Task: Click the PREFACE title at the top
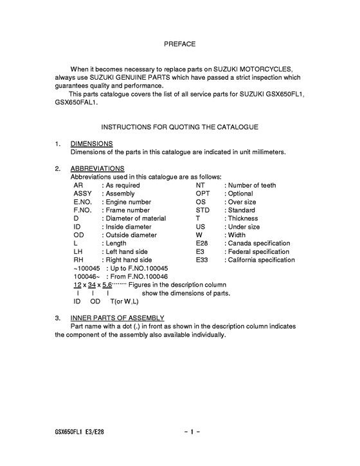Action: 179,44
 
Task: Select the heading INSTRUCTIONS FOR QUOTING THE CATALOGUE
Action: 179,127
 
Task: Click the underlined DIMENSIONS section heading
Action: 91,143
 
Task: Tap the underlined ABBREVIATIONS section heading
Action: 97,168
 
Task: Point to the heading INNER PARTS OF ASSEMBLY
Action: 117,318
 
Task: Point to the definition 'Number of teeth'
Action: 252,185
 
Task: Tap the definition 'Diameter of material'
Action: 136,219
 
